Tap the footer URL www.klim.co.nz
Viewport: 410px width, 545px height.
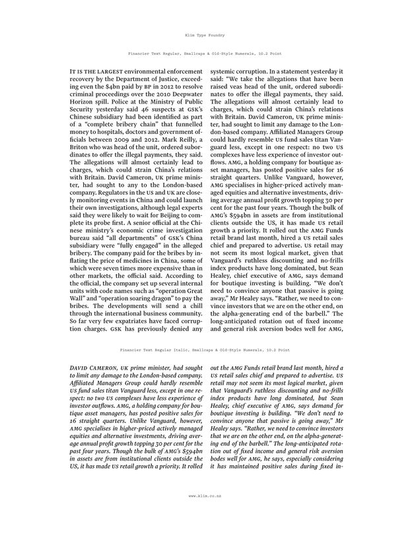point(205,513)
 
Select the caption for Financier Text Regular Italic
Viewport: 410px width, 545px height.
point(205,350)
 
